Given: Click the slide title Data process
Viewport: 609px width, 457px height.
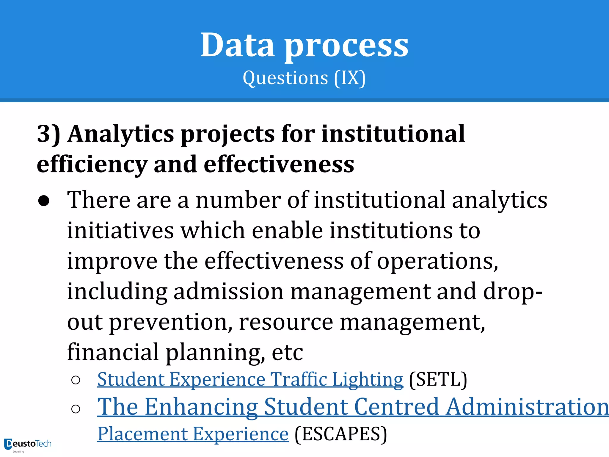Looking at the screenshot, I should click(304, 45).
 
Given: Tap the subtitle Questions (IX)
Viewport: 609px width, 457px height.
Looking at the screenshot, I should click(304, 78).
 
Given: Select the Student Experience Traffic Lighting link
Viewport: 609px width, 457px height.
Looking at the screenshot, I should click(250, 380).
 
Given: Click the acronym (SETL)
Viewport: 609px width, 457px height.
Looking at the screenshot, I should click(438, 380).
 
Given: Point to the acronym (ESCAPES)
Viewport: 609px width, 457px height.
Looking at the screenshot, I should click(341, 434).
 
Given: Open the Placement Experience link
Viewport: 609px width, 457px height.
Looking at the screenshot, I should click(193, 434).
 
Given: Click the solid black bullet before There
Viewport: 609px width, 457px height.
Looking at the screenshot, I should click(44, 201).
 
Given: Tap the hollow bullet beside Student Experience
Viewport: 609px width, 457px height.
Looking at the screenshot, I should click(76, 380).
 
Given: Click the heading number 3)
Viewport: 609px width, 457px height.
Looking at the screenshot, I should click(48, 134).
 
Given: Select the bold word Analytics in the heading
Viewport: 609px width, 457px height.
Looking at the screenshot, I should click(121, 134).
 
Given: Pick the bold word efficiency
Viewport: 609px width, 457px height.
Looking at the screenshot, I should click(92, 164).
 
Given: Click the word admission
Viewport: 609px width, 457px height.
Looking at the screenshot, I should click(228, 292).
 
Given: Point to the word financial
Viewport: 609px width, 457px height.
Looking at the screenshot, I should click(113, 352).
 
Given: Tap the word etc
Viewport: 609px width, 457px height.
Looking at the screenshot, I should click(287, 352).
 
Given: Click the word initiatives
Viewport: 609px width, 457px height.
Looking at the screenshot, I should click(120, 231).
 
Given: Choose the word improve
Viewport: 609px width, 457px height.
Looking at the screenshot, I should click(112, 261).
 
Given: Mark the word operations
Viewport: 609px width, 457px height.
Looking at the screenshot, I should click(437, 261).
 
